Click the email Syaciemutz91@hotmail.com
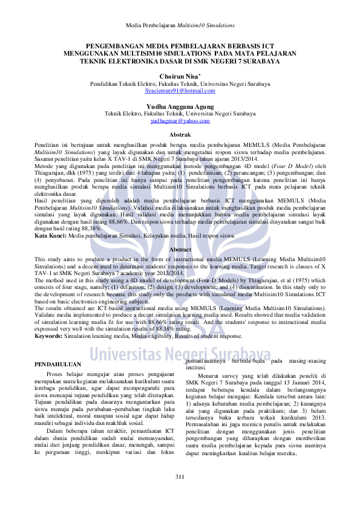pos(180,91)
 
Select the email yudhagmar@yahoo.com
pos(180,120)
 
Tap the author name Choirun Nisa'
pos(180,77)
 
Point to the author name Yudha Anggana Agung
pos(180,106)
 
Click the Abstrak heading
pos(180,134)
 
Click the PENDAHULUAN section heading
pos(58,365)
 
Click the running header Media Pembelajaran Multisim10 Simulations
pos(180,26)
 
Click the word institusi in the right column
pos(195,367)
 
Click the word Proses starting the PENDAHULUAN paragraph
pos(55,375)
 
